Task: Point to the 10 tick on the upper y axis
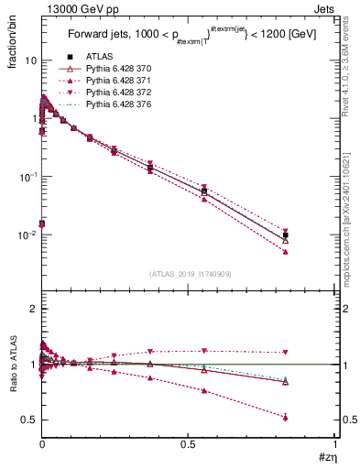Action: click(29, 60)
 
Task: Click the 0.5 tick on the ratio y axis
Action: click(27, 420)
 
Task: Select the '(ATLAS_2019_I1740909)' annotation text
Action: click(189, 273)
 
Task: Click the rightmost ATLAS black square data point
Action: click(286, 235)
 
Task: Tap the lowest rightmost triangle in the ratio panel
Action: click(286, 417)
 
